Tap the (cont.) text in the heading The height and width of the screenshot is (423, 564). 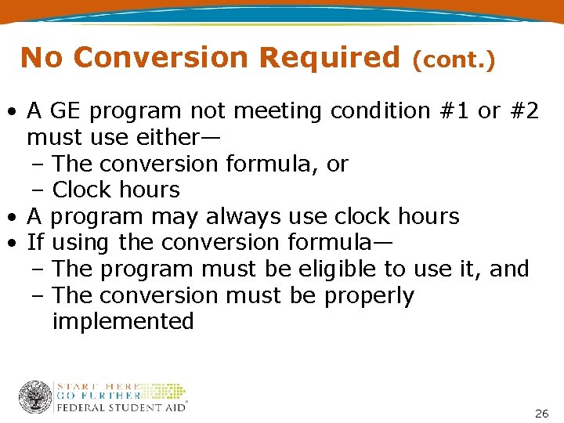point(454,60)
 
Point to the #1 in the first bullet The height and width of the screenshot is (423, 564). point(454,112)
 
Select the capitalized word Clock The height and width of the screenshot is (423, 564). point(81,190)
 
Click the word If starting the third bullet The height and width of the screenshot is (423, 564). point(35,243)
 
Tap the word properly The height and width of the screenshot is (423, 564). point(369,296)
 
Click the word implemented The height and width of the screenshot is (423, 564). point(123,322)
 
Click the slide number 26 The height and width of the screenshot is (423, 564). point(540,413)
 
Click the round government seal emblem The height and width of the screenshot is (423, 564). point(35,397)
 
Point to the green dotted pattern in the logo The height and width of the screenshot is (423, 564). point(166,392)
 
